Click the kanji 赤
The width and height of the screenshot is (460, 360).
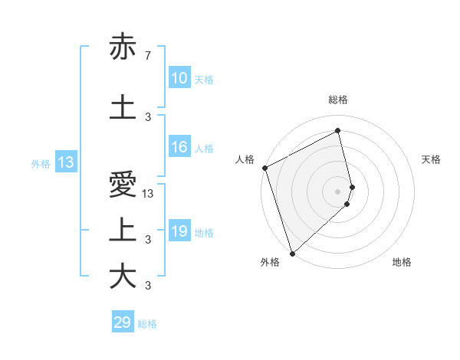tap(123, 47)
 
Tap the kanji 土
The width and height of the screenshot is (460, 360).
tap(123, 106)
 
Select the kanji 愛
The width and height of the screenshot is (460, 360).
tap(123, 186)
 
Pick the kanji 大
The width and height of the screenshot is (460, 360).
tap(123, 277)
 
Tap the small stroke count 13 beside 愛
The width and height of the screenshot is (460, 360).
tap(149, 195)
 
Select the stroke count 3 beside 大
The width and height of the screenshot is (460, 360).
tap(147, 286)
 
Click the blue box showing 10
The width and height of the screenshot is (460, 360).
tap(179, 78)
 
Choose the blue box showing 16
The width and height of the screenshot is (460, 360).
tap(179, 148)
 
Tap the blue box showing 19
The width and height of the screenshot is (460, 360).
tap(179, 231)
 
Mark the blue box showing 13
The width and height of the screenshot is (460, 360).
tap(65, 162)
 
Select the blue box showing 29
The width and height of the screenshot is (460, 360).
tap(123, 322)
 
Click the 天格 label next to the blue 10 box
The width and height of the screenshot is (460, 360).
tap(204, 79)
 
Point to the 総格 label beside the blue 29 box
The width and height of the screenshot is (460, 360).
tap(148, 323)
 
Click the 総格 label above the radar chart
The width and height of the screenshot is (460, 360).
tap(337, 100)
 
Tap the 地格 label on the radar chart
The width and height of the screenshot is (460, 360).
tap(402, 262)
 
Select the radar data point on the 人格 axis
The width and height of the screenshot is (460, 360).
tap(265, 168)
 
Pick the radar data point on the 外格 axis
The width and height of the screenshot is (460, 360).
tap(292, 253)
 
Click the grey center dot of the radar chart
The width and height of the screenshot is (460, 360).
tap(337, 191)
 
